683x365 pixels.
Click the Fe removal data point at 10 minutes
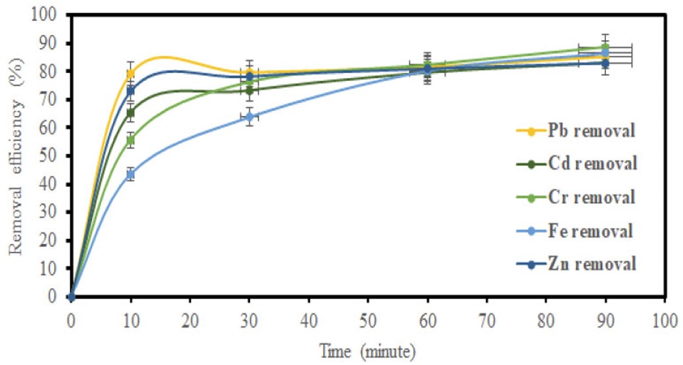(x=131, y=174)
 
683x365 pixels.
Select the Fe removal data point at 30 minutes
(x=249, y=116)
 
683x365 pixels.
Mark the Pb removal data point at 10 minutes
(x=131, y=74)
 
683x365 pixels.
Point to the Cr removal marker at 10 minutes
(x=131, y=140)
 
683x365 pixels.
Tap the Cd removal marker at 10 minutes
(x=131, y=113)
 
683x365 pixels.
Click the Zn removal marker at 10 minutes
(x=131, y=90)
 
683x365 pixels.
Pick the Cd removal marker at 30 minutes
(x=249, y=91)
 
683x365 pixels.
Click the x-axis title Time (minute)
(x=368, y=351)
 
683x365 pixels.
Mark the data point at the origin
(x=72, y=297)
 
